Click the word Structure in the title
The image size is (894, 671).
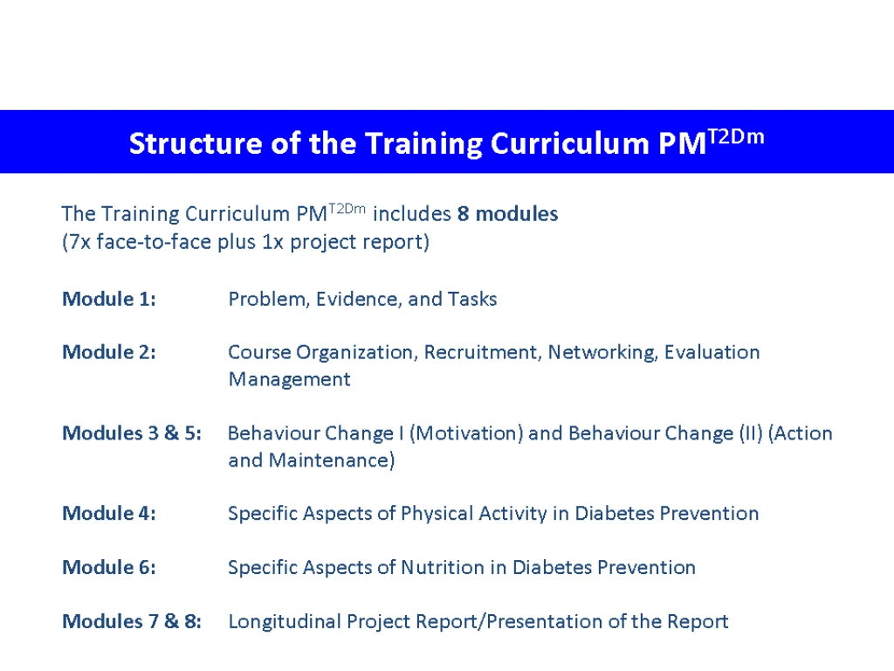pos(196,143)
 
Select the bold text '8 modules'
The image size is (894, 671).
pos(507,214)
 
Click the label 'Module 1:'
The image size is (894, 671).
pos(109,299)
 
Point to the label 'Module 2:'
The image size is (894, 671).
pos(109,352)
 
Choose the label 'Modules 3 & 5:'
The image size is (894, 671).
pos(132,433)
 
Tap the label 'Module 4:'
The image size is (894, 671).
pos(109,513)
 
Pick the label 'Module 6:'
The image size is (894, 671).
pos(109,567)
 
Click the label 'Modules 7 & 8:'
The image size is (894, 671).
pos(132,621)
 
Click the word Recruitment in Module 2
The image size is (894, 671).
pos(482,353)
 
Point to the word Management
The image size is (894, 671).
pos(290,380)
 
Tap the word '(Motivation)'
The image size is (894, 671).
pos(466,433)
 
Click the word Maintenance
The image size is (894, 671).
pos(331,460)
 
